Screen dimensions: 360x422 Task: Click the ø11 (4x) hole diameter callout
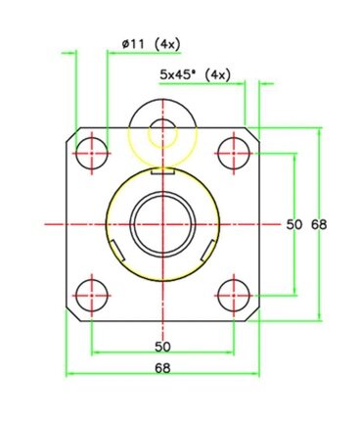click(151, 44)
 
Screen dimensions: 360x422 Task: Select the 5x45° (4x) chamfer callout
click(195, 74)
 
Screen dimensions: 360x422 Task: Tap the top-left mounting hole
click(92, 153)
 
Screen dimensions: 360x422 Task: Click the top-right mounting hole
click(234, 153)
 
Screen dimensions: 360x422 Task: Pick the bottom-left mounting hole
click(92, 296)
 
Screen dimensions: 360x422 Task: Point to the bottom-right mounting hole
click(234, 296)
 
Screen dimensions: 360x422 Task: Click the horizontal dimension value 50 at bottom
click(162, 347)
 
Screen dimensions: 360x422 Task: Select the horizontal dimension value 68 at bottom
click(162, 368)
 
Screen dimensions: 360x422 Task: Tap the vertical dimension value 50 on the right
click(294, 224)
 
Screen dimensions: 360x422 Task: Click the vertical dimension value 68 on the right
click(319, 224)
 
